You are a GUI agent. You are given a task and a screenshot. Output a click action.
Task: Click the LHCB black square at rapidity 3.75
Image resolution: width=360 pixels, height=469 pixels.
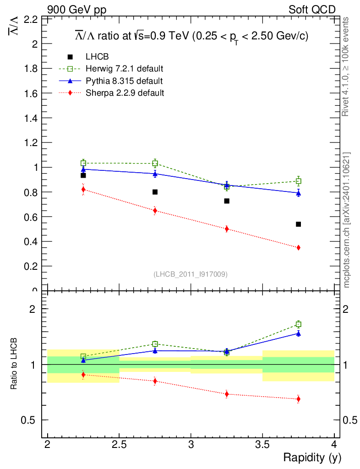298,224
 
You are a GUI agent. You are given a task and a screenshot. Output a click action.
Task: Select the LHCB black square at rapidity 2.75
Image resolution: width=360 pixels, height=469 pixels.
155,192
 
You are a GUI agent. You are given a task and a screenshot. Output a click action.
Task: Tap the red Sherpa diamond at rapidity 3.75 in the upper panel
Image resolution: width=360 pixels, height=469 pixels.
298,247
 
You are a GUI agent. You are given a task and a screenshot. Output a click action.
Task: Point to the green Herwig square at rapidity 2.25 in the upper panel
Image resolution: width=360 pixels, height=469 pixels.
83,163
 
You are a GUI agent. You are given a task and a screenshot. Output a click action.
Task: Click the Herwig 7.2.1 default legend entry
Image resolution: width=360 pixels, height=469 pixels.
125,69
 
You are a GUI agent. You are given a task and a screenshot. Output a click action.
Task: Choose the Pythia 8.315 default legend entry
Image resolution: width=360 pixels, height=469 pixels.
124,81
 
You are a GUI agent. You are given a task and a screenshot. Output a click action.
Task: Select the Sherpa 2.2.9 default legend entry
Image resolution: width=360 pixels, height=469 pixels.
125,93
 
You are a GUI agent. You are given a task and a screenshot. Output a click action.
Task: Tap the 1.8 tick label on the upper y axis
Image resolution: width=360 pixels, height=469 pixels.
29,69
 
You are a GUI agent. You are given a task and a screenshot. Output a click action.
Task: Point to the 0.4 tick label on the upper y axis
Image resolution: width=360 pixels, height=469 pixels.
29,241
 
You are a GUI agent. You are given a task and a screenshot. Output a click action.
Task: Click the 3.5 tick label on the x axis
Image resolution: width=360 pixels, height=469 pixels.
262,444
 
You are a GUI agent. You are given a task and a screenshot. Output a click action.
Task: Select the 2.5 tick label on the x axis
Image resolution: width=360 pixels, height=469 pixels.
119,444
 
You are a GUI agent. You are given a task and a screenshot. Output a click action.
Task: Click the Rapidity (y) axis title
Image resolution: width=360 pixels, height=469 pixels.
312,457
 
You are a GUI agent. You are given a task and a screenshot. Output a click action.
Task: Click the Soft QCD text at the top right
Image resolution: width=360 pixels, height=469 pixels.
312,10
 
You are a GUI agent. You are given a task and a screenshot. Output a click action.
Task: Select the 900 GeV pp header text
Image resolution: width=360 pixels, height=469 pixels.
76,10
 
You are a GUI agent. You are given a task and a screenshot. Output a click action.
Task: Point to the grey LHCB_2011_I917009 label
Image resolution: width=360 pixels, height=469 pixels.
191,274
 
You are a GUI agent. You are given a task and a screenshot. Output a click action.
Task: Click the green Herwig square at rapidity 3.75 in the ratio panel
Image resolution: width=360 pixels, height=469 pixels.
298,324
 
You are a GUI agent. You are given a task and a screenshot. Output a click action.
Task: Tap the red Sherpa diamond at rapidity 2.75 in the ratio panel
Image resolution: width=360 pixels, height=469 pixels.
155,381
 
